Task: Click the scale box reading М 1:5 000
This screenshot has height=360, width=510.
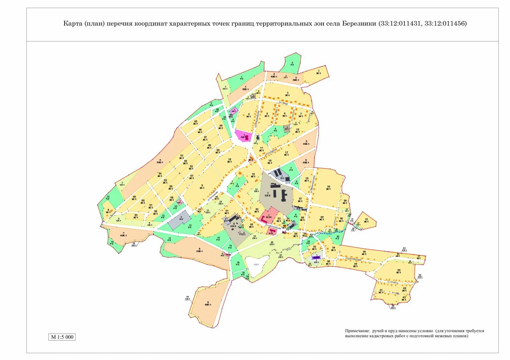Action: pyautogui.click(x=62, y=337)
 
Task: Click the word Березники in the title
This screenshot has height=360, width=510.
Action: pyautogui.click(x=359, y=24)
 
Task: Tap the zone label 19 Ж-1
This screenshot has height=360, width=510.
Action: pyautogui.click(x=328, y=188)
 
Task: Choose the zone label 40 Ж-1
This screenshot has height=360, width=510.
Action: pyautogui.click(x=398, y=271)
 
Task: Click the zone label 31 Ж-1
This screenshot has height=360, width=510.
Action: pyautogui.click(x=367, y=220)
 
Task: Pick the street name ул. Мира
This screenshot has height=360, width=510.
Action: pyautogui.click(x=283, y=103)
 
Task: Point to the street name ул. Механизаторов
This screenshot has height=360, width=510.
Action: pyautogui.click(x=312, y=184)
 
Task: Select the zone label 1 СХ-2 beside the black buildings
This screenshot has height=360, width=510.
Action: pyautogui.click(x=268, y=194)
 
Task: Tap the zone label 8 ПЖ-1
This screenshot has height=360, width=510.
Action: pyautogui.click(x=200, y=250)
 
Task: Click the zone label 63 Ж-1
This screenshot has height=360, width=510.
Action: pyautogui.click(x=136, y=216)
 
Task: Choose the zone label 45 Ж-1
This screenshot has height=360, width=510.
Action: pyautogui.click(x=196, y=122)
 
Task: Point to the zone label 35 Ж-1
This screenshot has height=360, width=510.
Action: pyautogui.click(x=364, y=253)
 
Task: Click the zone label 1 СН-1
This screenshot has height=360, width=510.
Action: pyautogui.click(x=316, y=261)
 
